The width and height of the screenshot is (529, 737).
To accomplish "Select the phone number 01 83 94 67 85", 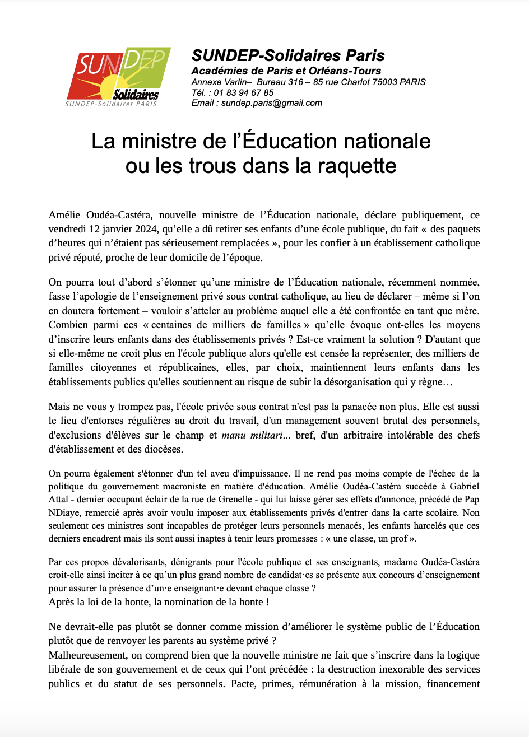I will (245, 92).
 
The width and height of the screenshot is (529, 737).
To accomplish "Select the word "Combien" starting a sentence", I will (66, 325).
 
